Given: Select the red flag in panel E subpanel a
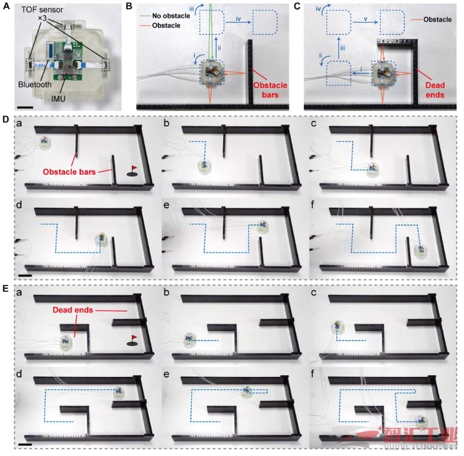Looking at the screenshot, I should pyautogui.click(x=133, y=339).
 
